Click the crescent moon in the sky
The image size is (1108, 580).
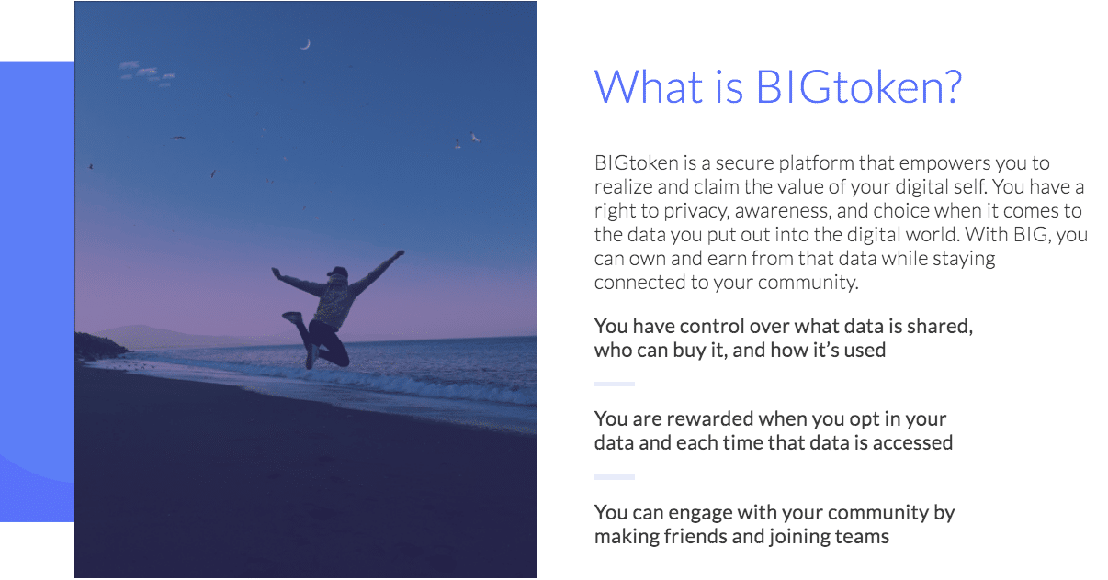(306, 44)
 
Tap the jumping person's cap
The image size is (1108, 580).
(337, 272)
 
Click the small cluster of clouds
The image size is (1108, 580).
(146, 73)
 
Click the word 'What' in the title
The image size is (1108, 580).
(649, 87)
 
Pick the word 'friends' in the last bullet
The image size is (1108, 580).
(695, 537)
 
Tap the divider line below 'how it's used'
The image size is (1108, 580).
(615, 384)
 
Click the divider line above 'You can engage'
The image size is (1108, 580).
(615, 477)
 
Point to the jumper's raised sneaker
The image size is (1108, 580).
(292, 317)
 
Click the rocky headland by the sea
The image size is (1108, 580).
(99, 346)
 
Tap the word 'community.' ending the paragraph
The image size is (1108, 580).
(808, 283)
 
